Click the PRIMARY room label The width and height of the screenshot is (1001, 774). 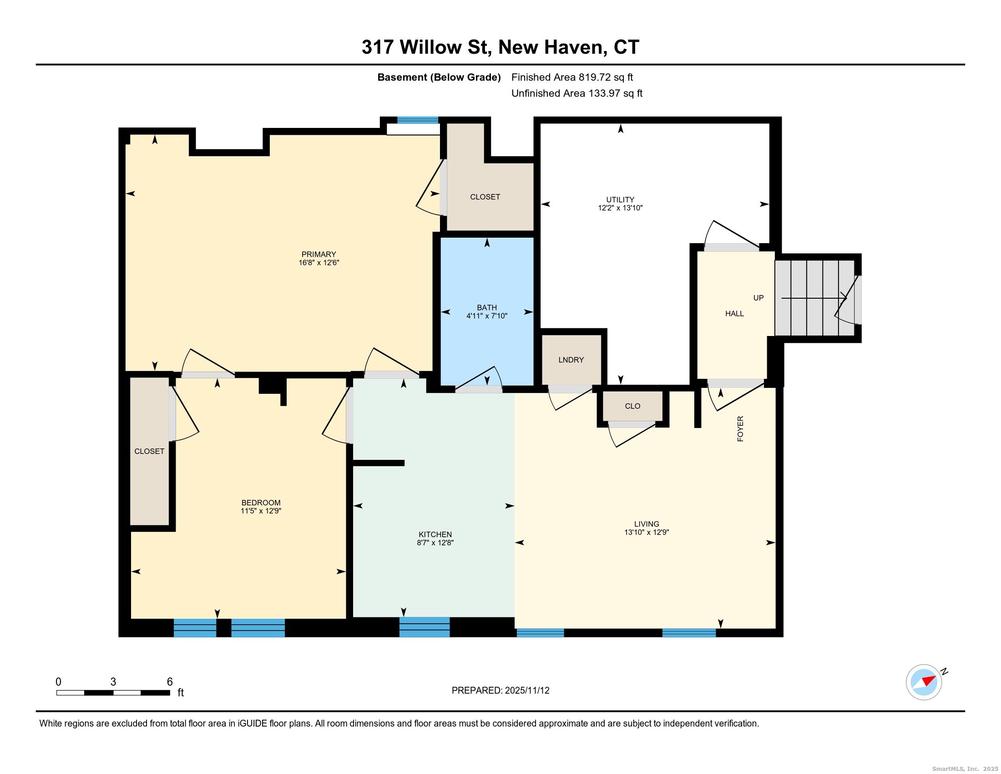point(318,255)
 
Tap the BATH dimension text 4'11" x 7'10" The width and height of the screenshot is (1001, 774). point(487,316)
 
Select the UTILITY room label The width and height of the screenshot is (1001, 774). point(620,200)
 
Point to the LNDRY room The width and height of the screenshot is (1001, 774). point(571,360)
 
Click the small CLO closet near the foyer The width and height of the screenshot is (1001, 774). point(632,406)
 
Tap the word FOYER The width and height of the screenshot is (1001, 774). point(740,429)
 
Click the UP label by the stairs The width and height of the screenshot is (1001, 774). point(758,298)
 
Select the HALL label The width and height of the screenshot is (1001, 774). point(734,314)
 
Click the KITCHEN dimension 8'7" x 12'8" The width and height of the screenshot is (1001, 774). point(435,543)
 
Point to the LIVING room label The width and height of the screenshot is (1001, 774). point(647,524)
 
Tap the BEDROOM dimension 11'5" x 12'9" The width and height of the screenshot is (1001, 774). point(261,511)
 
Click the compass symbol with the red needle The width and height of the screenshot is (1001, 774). point(924,682)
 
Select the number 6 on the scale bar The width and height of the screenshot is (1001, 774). point(170,682)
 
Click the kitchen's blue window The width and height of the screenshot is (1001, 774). point(425,627)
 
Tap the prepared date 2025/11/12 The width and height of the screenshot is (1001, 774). point(526,691)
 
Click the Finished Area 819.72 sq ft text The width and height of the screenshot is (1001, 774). point(572,77)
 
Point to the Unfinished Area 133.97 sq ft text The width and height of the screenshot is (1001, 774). point(576,93)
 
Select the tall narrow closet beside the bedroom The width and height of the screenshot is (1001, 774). point(149,451)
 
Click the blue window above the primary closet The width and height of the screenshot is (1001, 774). point(418,120)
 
